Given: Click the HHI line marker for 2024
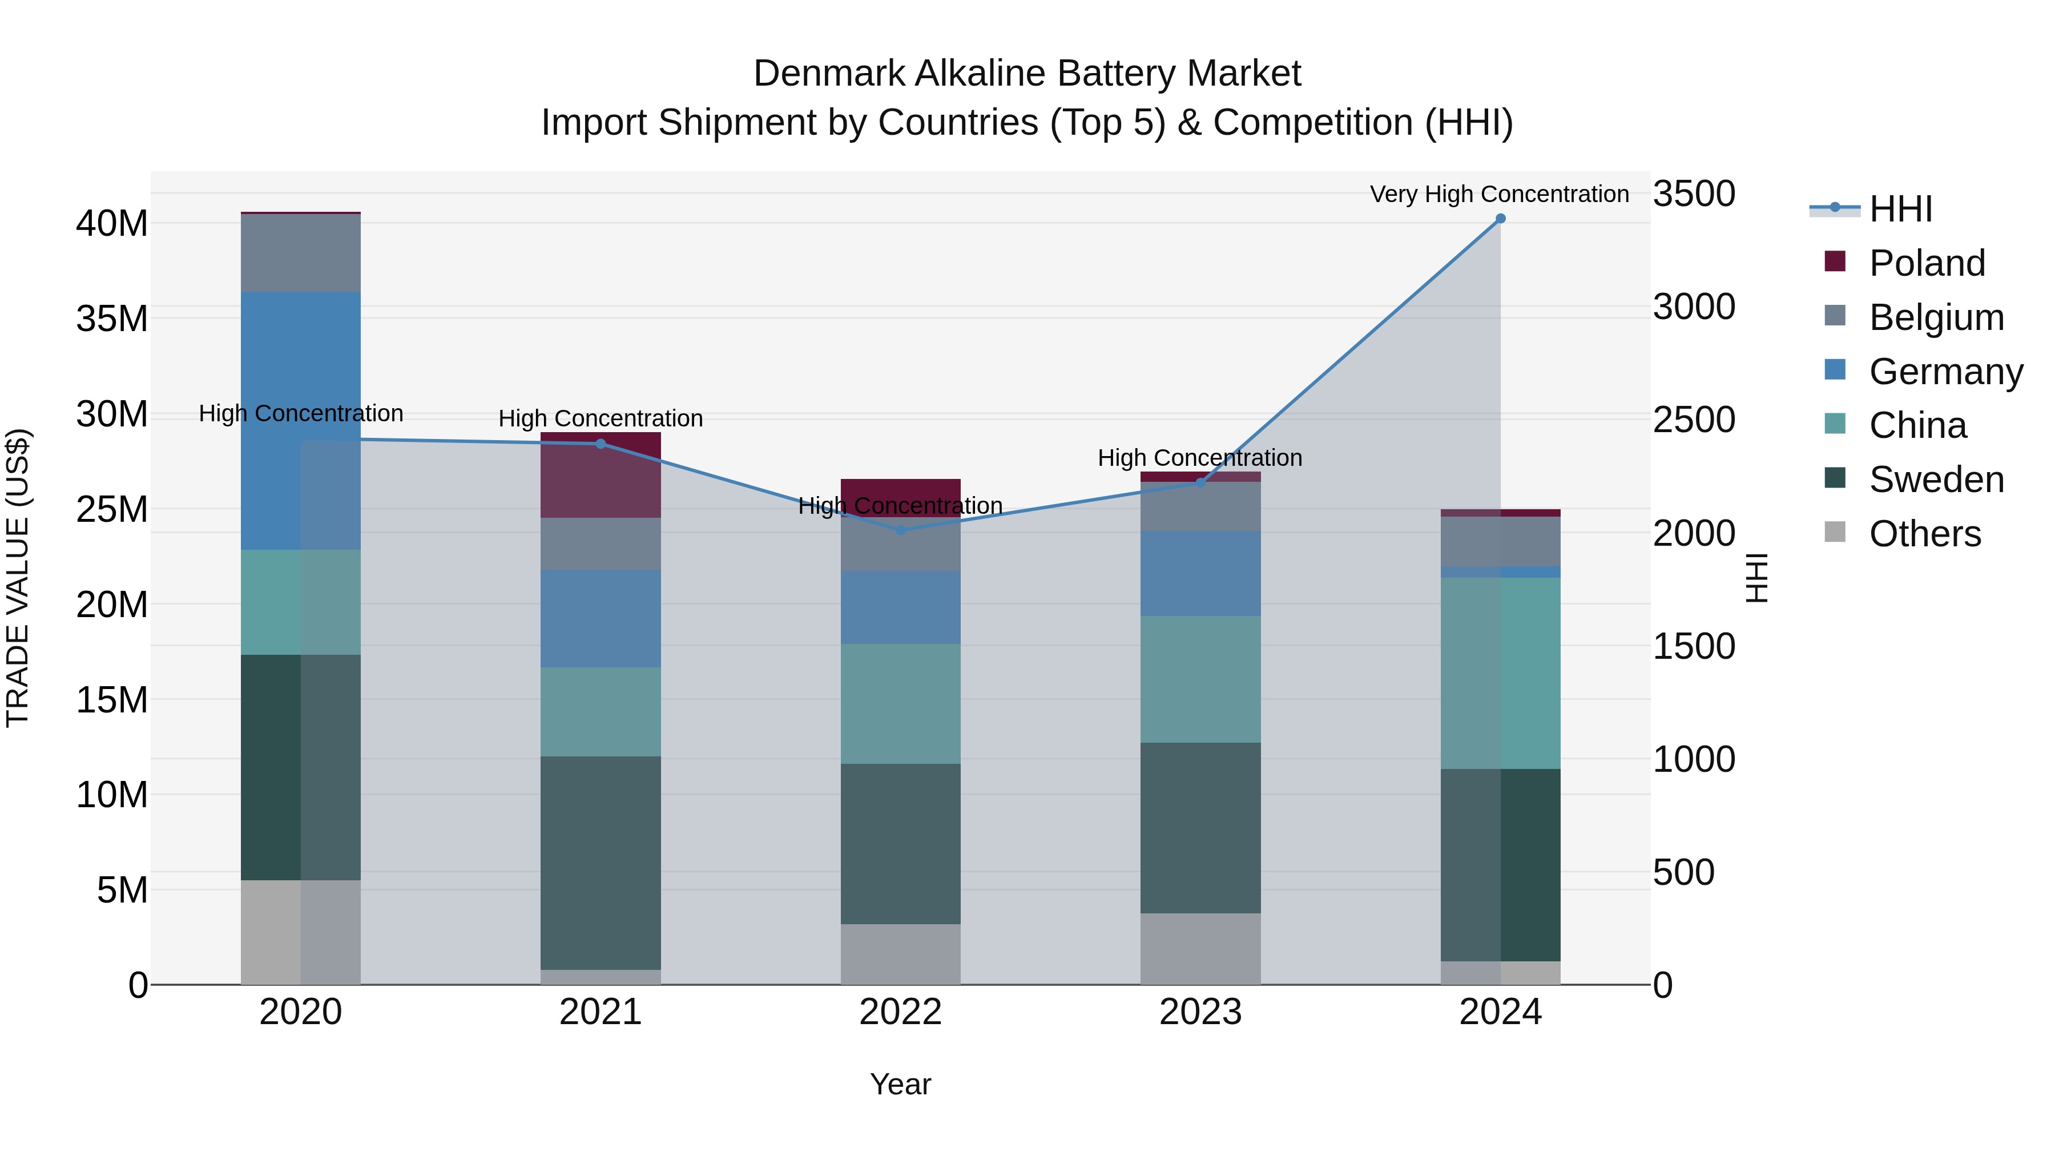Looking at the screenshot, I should coord(1500,219).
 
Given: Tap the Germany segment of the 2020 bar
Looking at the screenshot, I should coord(301,420).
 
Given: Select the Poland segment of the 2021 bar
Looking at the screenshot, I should coord(601,476).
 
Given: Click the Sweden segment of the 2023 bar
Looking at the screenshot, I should coord(1200,828).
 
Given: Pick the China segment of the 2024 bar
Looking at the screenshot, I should coord(1500,674).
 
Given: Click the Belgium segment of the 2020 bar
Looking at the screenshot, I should coord(301,253).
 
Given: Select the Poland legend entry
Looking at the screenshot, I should coord(1926,263).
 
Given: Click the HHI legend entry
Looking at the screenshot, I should coord(1900,209).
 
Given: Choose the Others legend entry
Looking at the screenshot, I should coord(1924,534).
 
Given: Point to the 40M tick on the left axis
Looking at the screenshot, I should coord(112,223).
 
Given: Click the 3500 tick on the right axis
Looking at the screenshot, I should coord(1693,194).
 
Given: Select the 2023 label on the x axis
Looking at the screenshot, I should coord(1200,1012).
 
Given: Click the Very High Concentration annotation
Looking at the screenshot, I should coord(1499,194).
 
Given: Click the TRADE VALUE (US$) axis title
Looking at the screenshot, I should coord(18,578).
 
